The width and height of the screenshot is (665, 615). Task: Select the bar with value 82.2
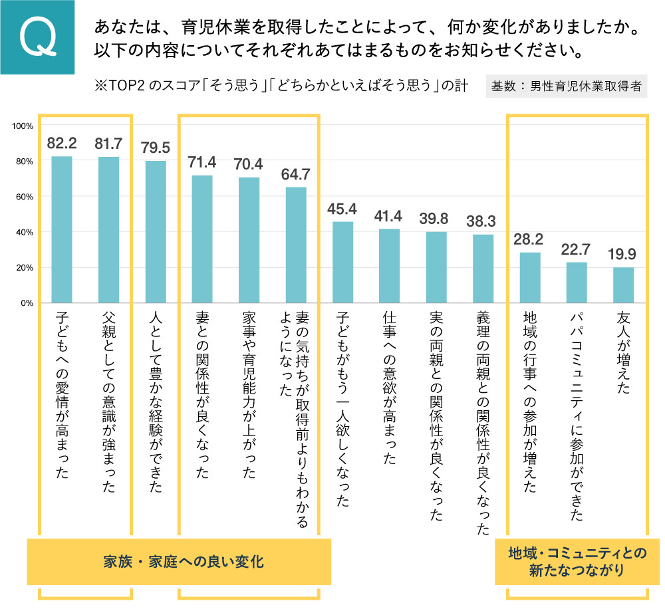[x=62, y=229]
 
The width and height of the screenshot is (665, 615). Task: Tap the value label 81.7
[x=108, y=143]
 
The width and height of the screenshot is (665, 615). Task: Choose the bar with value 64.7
[x=296, y=245]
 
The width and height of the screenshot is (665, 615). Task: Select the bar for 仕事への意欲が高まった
[x=389, y=265]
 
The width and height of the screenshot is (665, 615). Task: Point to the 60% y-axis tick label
[x=25, y=197]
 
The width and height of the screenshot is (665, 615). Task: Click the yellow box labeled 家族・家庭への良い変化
[x=179, y=562]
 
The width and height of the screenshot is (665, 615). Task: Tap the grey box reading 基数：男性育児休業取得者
[x=567, y=86]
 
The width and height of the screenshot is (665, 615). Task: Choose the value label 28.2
[x=529, y=239]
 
